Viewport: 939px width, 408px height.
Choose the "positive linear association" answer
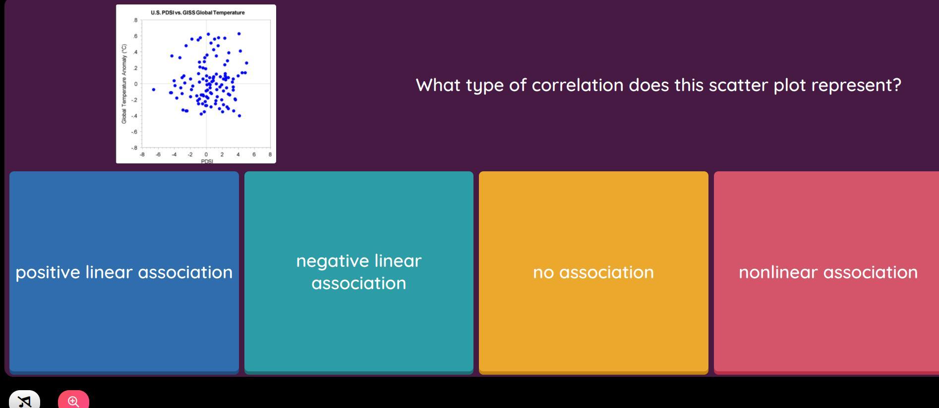point(124,272)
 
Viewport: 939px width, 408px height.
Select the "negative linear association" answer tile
point(359,272)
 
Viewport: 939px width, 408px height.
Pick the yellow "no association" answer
point(593,272)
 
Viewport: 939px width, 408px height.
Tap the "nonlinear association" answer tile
point(826,272)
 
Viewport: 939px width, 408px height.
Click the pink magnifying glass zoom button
point(73,400)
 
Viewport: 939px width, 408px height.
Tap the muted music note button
point(25,400)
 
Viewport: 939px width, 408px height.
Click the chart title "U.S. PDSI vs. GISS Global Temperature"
point(198,12)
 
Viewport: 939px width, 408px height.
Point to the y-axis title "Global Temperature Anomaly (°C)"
point(124,84)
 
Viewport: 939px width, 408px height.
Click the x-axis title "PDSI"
point(207,161)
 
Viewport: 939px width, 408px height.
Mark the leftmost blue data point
point(154,90)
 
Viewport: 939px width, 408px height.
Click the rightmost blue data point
point(246,63)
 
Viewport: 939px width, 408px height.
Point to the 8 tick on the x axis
point(270,154)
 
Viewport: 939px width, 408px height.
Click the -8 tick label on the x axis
point(142,154)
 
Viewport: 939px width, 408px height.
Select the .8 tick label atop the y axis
point(135,20)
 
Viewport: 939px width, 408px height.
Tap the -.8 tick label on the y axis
point(134,148)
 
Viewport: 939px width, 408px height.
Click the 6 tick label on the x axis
point(254,154)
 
